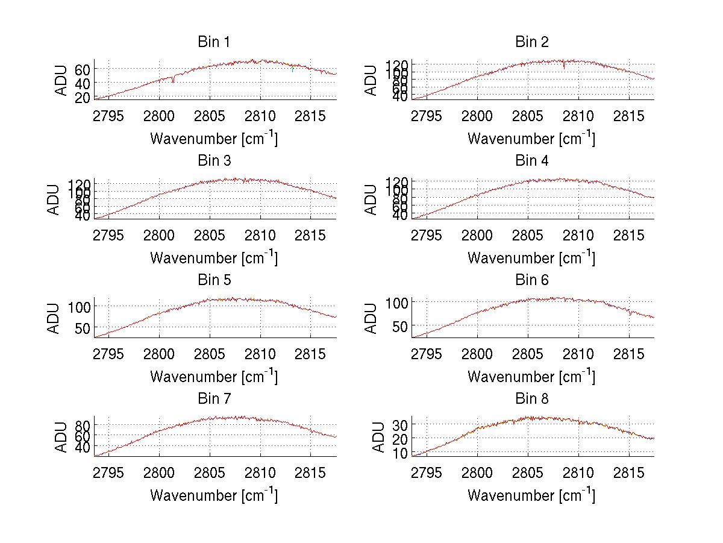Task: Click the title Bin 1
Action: click(214, 42)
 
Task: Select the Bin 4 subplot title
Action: click(531, 161)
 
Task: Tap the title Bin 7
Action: click(214, 399)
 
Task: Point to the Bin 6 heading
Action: click(531, 280)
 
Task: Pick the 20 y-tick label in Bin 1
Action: click(82, 96)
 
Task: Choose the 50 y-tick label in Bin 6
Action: click(399, 326)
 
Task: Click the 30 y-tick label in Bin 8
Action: click(399, 425)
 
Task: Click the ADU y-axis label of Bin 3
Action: click(54, 199)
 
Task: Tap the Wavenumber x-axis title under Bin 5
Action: click(214, 377)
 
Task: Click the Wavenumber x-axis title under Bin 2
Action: click(531, 139)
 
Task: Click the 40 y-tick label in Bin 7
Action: click(82, 447)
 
